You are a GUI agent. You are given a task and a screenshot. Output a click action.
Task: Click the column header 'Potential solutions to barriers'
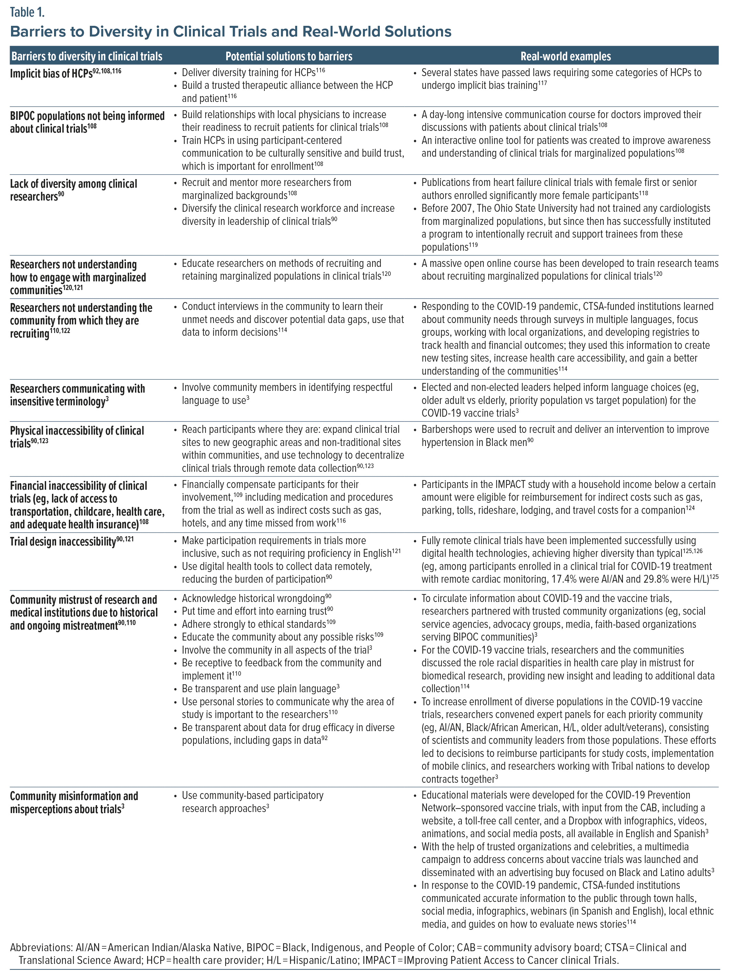[289, 56]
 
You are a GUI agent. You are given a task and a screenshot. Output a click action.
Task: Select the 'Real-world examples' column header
[565, 56]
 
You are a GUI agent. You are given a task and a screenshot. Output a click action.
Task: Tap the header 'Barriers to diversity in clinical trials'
[86, 56]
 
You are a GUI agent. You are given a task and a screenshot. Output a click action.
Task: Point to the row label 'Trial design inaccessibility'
[63, 541]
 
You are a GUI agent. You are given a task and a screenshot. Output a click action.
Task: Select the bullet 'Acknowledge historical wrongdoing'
[253, 599]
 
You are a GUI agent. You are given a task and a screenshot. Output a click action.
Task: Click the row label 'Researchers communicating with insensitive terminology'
[77, 395]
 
